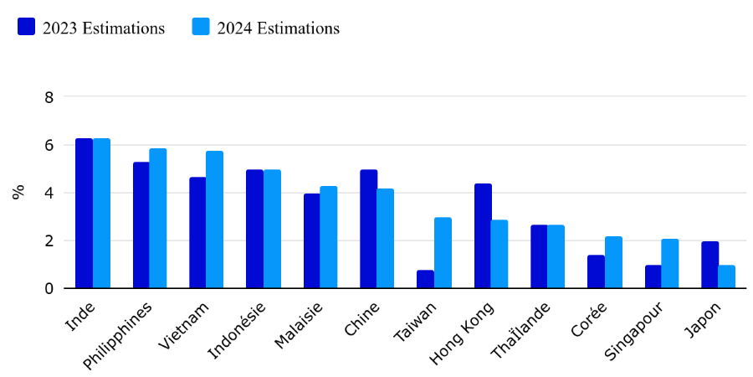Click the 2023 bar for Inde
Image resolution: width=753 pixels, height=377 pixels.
tap(84, 214)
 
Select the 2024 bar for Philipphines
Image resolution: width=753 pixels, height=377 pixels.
tap(158, 219)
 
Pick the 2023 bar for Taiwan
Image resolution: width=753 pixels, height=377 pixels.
tap(426, 279)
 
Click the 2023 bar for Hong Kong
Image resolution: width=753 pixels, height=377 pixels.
tap(483, 236)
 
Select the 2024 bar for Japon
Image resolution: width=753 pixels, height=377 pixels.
tap(727, 277)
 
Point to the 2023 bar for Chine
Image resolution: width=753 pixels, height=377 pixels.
tap(369, 230)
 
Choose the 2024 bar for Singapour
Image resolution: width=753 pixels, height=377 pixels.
tap(670, 264)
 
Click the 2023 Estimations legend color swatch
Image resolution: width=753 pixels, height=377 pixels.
tap(26, 27)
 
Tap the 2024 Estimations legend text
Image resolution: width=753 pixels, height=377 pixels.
tap(279, 28)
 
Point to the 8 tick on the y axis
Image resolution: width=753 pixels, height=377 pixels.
tap(49, 97)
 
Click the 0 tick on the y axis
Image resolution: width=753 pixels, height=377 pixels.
tap(49, 289)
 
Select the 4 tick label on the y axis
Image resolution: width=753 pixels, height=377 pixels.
tap(49, 194)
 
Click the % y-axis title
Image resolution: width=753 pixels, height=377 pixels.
tap(18, 192)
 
